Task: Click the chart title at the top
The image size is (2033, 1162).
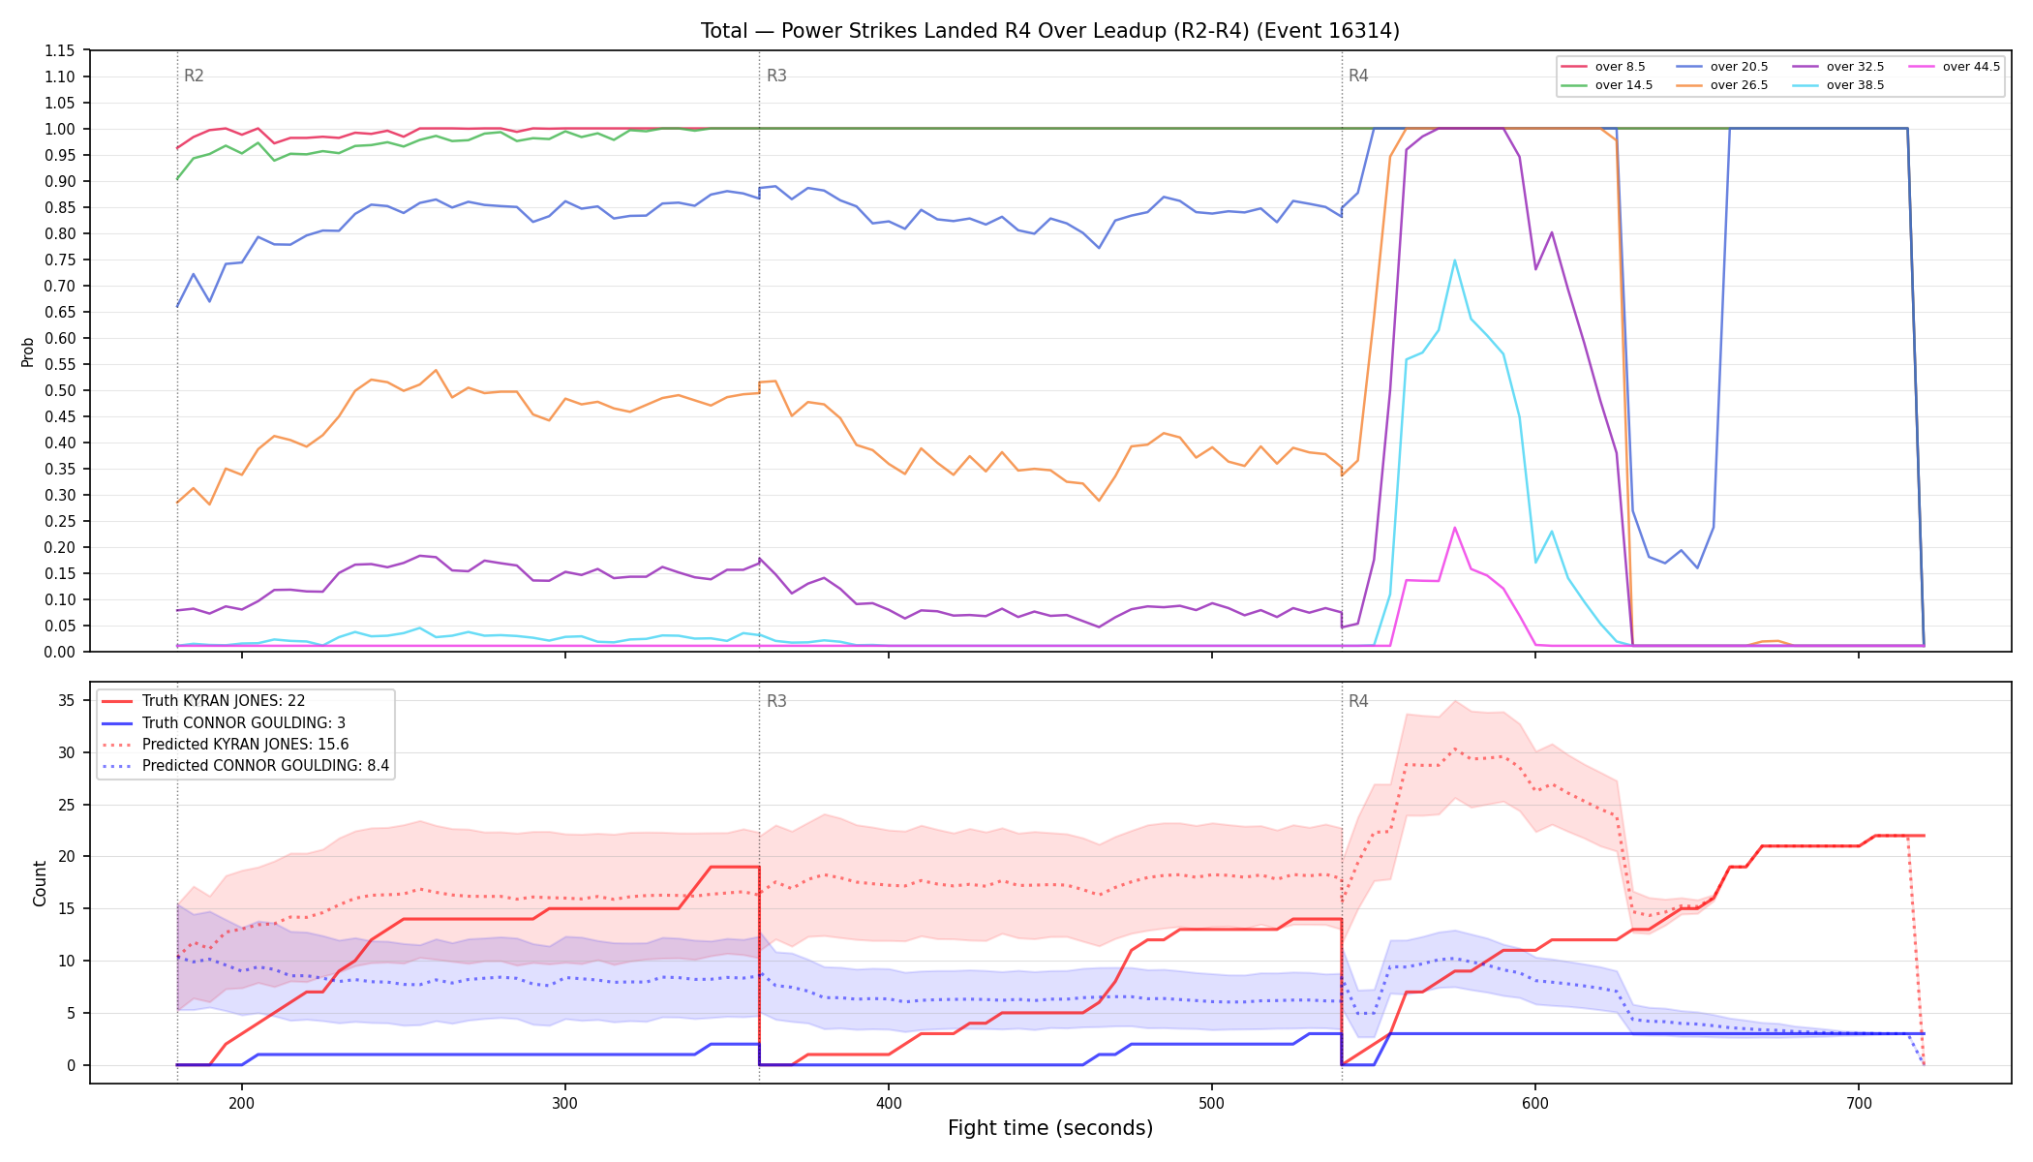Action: coord(1050,31)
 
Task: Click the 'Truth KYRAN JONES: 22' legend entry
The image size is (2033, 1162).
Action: coord(224,701)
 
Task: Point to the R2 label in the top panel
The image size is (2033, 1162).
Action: coord(194,76)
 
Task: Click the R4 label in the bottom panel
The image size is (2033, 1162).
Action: coord(1358,701)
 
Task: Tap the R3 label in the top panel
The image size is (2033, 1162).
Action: coord(776,76)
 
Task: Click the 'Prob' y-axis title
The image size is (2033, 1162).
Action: coord(28,352)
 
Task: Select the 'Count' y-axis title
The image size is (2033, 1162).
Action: coord(40,883)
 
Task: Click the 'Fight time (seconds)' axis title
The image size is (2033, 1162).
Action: coord(1050,1128)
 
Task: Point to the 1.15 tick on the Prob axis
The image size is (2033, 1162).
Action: coord(60,50)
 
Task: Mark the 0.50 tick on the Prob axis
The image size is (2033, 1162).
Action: coord(60,390)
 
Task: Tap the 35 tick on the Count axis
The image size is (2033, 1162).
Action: coord(67,701)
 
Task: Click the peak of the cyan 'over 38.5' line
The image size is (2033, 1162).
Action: coord(1454,260)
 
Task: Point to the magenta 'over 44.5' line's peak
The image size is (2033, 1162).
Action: coord(1454,528)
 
